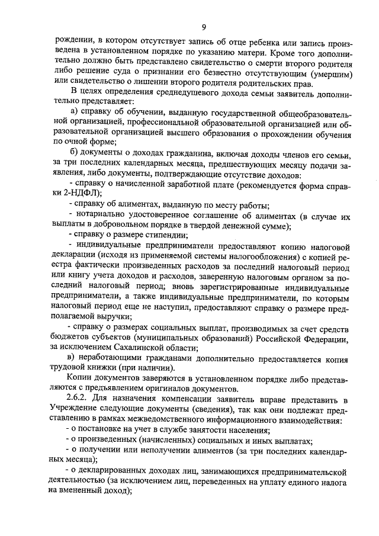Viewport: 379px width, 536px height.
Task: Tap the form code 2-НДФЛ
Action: tap(81, 193)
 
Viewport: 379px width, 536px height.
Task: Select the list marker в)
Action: tap(73, 358)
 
